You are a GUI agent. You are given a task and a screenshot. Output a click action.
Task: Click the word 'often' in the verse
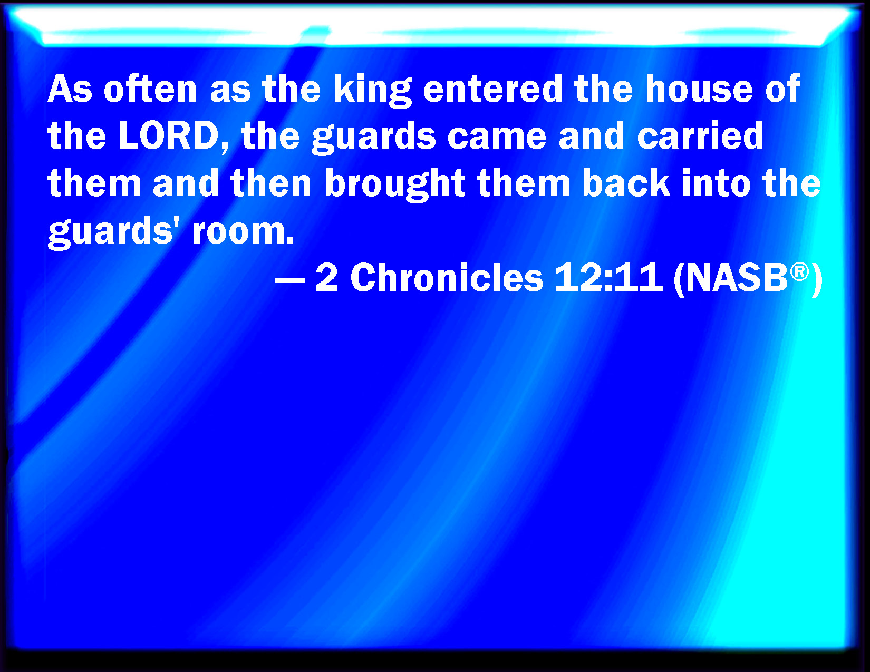pos(150,89)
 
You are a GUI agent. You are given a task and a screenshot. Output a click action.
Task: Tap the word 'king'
pos(373,91)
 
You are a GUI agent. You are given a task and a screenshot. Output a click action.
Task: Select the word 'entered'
pos(493,89)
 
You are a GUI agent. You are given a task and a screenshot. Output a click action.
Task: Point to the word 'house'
pos(699,89)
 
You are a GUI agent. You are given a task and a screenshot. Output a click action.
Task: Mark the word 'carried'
pos(700,136)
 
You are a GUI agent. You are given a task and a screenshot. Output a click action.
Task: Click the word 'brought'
pos(395,184)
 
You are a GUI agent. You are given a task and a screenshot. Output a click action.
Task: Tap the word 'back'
pos(626,183)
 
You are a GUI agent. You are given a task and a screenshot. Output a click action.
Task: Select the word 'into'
pos(717,183)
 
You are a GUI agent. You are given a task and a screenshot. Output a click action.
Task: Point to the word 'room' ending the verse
pos(244,232)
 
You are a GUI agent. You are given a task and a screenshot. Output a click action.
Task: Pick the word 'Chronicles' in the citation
pos(447,277)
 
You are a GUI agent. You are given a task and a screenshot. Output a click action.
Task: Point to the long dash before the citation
pos(291,280)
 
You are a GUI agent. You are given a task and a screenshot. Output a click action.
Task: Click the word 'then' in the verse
pos(271,183)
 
